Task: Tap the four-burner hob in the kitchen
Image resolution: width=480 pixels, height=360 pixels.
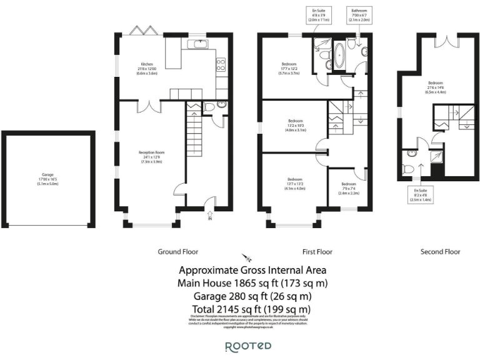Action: tap(221, 63)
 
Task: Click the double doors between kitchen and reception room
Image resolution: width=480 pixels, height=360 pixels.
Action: tap(147, 107)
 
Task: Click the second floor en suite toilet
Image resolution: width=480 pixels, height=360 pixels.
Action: tap(407, 168)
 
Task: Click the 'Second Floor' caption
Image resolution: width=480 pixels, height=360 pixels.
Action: tap(441, 252)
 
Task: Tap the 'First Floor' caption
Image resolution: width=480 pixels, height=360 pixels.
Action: tap(317, 252)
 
